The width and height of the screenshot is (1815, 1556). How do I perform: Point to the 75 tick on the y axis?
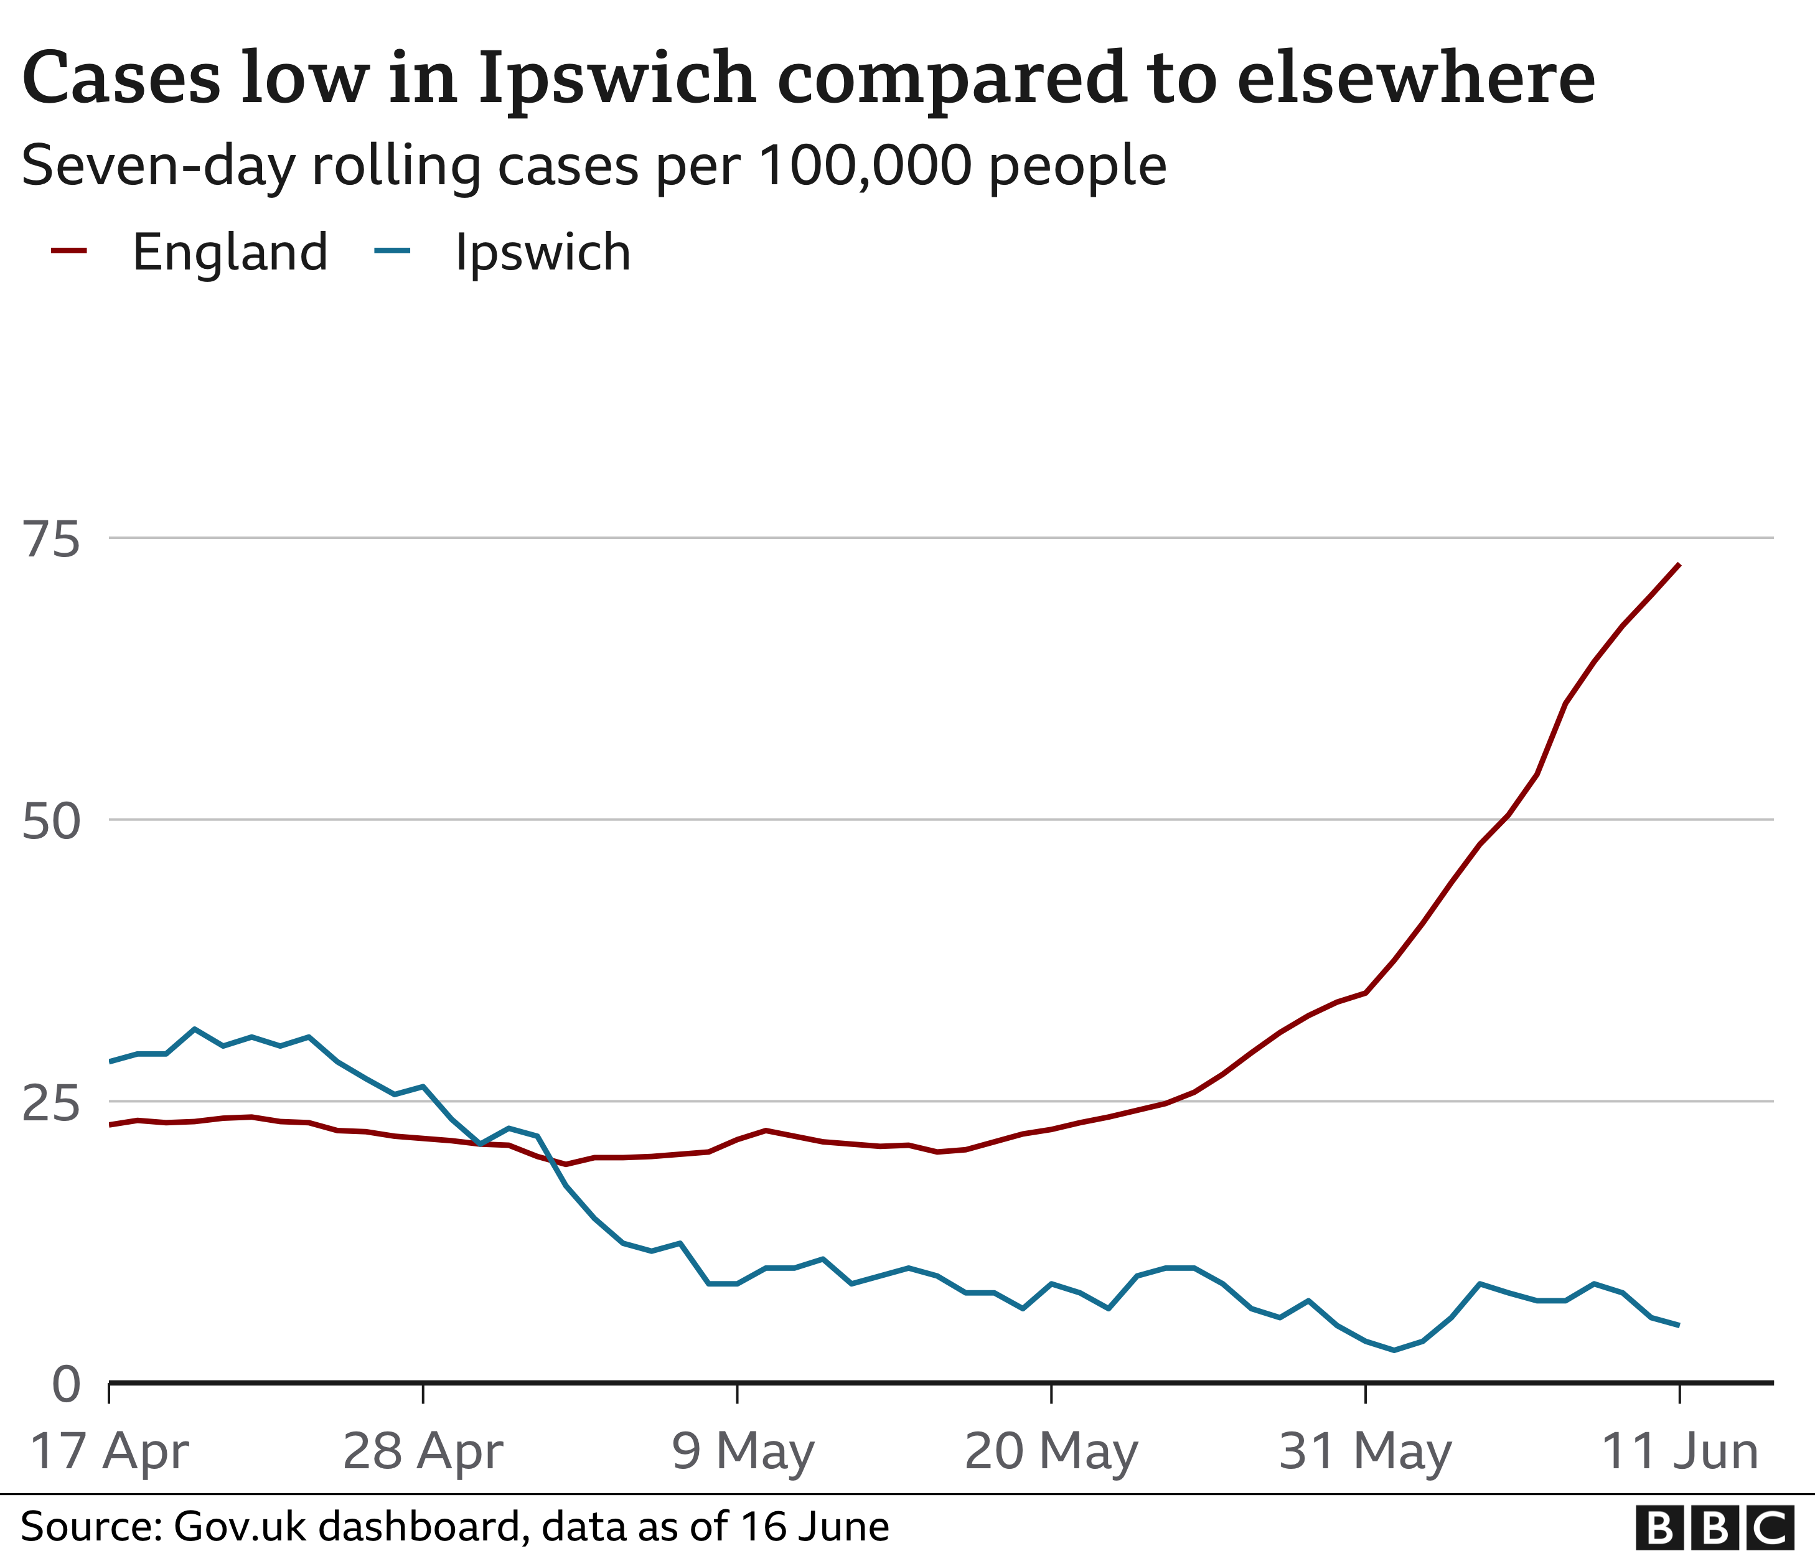(x=52, y=539)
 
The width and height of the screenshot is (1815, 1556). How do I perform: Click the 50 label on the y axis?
(x=52, y=822)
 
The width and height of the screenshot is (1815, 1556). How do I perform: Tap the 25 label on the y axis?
(x=52, y=1104)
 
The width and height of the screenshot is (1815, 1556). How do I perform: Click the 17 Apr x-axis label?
(x=109, y=1451)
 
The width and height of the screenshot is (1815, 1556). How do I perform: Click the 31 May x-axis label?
(x=1365, y=1451)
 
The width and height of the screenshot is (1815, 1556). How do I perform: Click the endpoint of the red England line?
(x=1678, y=565)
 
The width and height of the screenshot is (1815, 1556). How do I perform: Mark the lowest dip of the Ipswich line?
(x=1394, y=1350)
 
